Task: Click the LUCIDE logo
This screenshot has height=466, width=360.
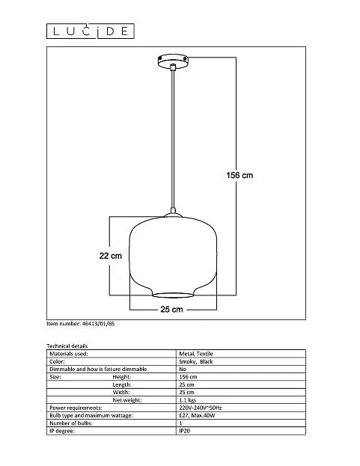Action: tap(91, 31)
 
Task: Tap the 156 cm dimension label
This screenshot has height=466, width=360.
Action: tap(240, 175)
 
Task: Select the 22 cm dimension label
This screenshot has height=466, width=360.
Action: tap(111, 256)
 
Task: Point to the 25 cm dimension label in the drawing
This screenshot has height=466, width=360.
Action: tap(171, 310)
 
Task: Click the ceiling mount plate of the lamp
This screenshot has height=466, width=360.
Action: tap(173, 61)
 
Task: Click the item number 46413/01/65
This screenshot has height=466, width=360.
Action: tap(80, 324)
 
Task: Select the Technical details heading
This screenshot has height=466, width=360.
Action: tap(67, 346)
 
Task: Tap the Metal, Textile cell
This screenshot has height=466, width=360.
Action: tap(196, 354)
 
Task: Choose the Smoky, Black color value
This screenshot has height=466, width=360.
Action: tap(196, 361)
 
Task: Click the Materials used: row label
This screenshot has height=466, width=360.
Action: tap(69, 354)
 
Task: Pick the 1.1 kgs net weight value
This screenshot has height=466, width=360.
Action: tap(188, 400)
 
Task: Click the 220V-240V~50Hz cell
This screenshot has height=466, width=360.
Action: tap(201, 408)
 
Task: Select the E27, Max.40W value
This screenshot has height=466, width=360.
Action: tap(197, 415)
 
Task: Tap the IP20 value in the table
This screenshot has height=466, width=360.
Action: tap(185, 431)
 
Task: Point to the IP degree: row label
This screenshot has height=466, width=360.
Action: tap(62, 431)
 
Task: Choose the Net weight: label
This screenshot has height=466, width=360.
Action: tap(127, 400)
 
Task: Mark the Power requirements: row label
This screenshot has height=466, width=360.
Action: tap(76, 408)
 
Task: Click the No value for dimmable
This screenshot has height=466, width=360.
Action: tap(183, 369)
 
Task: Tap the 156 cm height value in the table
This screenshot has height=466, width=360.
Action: tap(188, 377)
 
